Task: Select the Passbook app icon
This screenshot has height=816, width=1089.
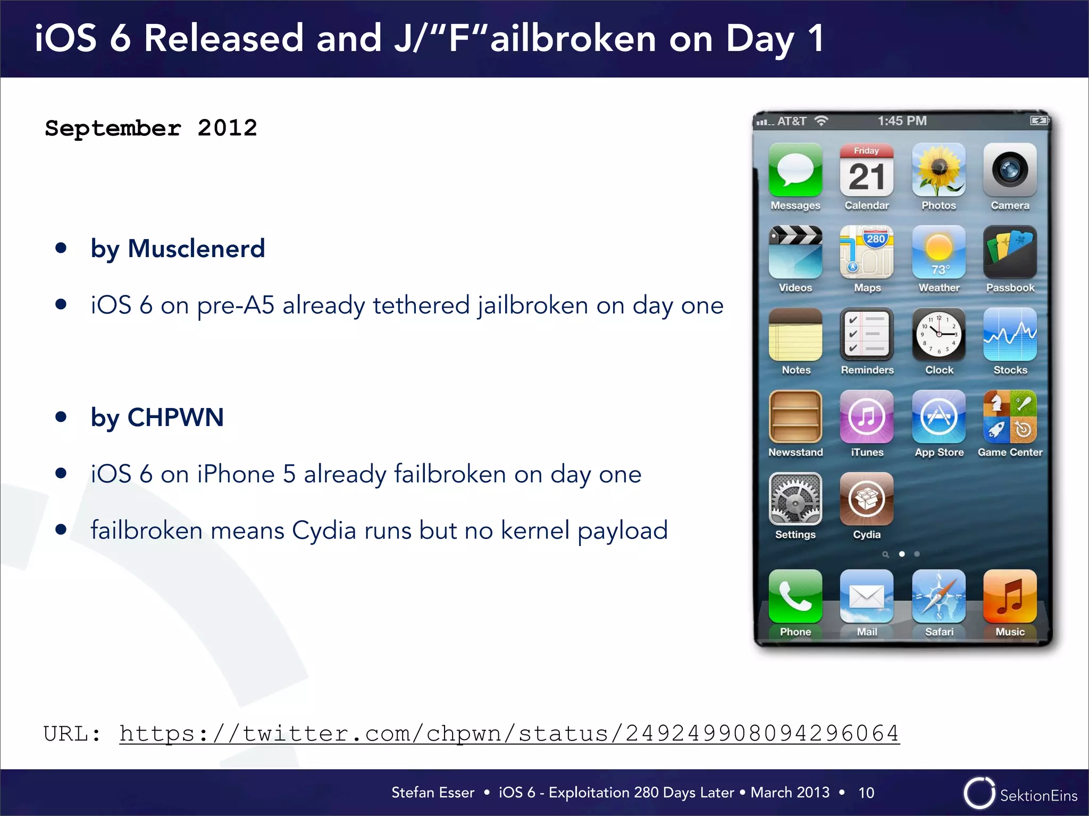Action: [x=1010, y=252]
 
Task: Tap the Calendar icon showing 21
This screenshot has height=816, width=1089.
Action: [x=866, y=170]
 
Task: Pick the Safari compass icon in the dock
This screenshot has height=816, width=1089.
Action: [x=939, y=596]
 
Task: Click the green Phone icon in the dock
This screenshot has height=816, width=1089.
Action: [x=795, y=596]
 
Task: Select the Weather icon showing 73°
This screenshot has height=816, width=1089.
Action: [x=939, y=252]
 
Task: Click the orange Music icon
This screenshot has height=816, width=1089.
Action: [x=1010, y=596]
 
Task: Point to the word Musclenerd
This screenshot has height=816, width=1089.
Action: [x=196, y=249]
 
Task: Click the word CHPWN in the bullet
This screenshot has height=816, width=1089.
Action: [x=175, y=418]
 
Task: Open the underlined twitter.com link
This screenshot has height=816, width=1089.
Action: [x=509, y=734]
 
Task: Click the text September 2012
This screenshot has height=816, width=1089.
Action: [x=151, y=128]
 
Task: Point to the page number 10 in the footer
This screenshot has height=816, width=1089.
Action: [x=866, y=793]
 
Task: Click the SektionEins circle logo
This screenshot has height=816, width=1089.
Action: [x=979, y=793]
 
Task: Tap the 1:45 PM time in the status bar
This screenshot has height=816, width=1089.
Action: [x=902, y=121]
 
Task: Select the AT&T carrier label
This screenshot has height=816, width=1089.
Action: [x=792, y=122]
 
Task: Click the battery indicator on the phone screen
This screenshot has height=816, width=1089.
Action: [x=1038, y=121]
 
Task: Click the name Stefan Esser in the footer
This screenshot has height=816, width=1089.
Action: [x=433, y=793]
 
